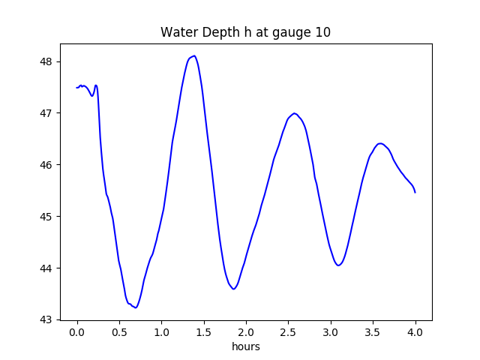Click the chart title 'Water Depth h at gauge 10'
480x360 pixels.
pos(245,33)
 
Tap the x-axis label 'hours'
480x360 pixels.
pos(245,346)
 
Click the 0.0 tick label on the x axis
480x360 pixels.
pos(77,331)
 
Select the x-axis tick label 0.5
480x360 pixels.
pos(119,331)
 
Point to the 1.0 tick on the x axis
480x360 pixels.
pos(162,331)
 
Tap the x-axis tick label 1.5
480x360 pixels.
pos(204,331)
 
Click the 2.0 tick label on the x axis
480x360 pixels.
pos(247,331)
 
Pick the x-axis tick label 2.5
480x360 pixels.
pos(289,331)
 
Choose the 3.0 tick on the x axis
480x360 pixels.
pos(331,331)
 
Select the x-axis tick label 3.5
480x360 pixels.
pos(373,331)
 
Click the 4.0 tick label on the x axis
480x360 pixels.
pos(415,331)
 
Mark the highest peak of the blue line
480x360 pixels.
pos(194,55)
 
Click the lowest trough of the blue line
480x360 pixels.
pos(136,307)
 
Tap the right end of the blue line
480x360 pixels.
pos(415,193)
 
